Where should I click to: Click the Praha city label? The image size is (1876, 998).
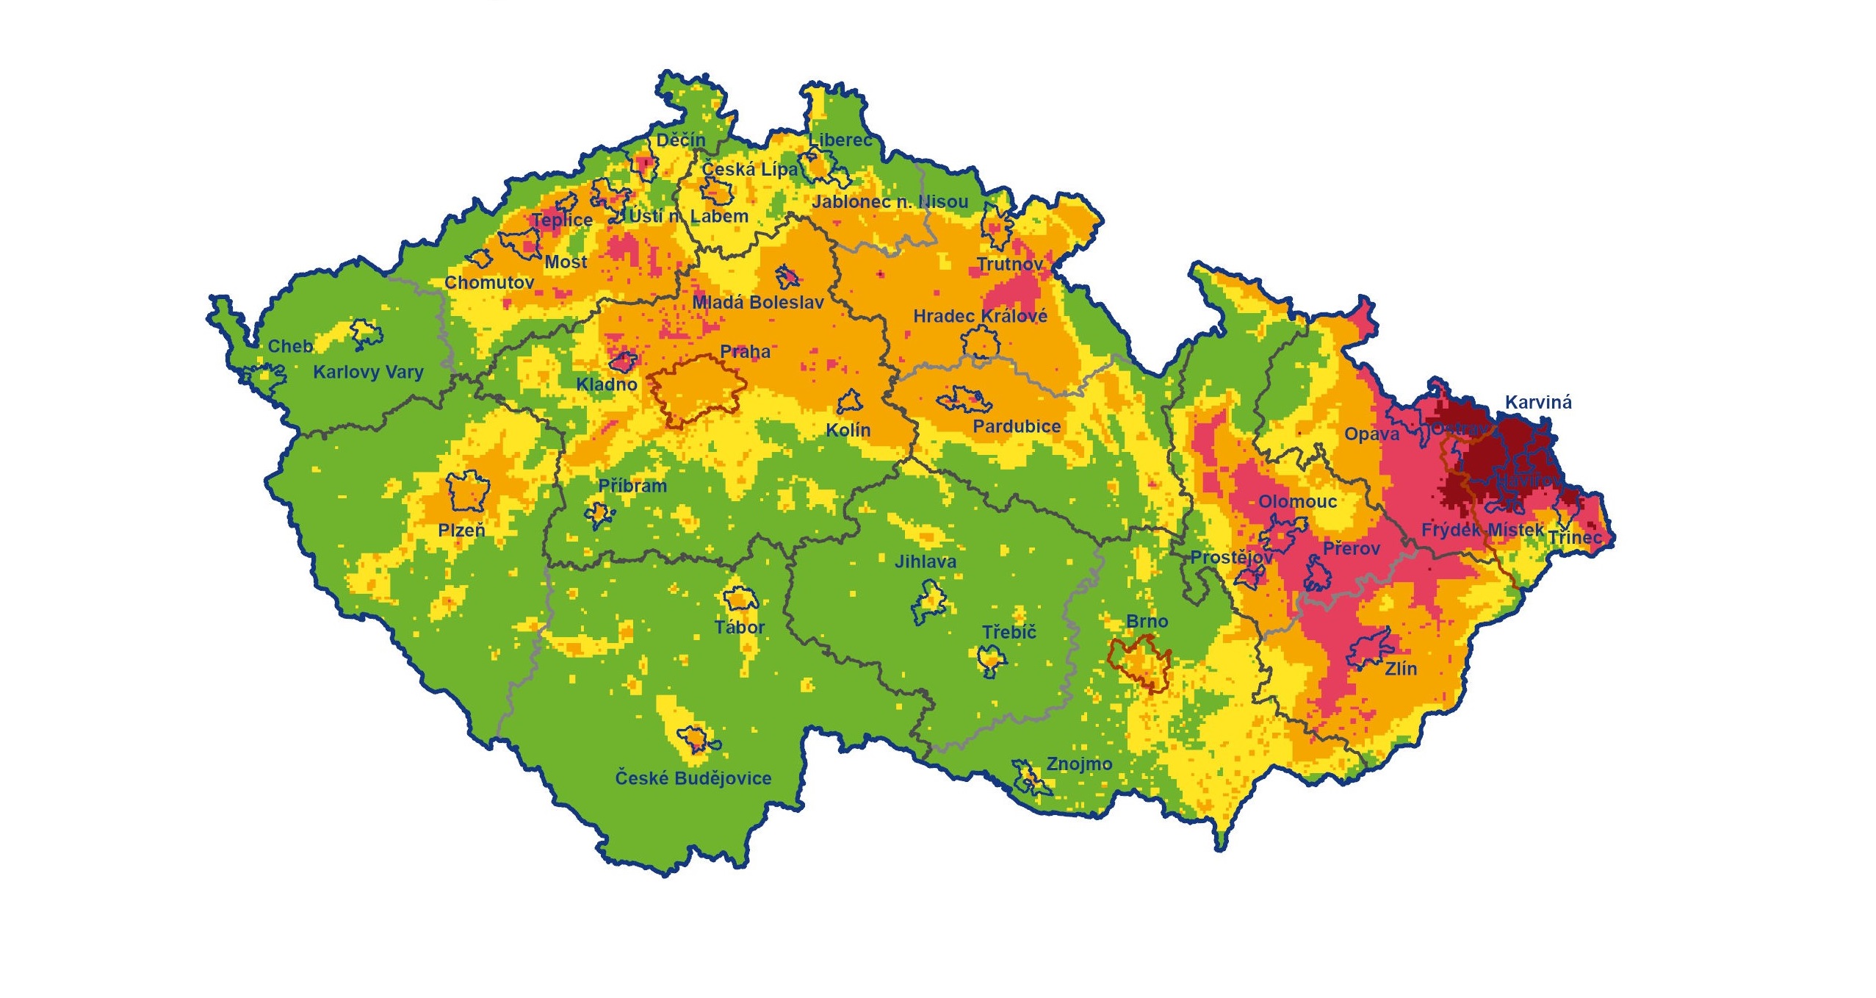[745, 351]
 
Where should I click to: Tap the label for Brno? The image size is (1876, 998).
[1147, 622]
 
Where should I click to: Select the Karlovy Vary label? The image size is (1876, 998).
[368, 372]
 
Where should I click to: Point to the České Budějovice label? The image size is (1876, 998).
[693, 778]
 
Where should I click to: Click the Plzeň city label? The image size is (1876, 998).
[461, 530]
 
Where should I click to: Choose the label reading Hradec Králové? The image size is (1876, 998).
[980, 316]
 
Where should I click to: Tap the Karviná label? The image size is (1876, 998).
[1538, 402]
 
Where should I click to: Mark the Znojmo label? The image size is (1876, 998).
[1079, 764]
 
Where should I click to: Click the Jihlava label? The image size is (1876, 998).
[925, 561]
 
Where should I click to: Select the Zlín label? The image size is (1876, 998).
[1401, 669]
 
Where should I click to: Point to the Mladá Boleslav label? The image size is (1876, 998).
[757, 302]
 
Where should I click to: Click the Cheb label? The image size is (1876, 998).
[290, 346]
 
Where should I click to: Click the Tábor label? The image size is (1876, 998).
[740, 628]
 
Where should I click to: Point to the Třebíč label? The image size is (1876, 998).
[1009, 632]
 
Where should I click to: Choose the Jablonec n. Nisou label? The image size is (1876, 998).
[890, 201]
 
